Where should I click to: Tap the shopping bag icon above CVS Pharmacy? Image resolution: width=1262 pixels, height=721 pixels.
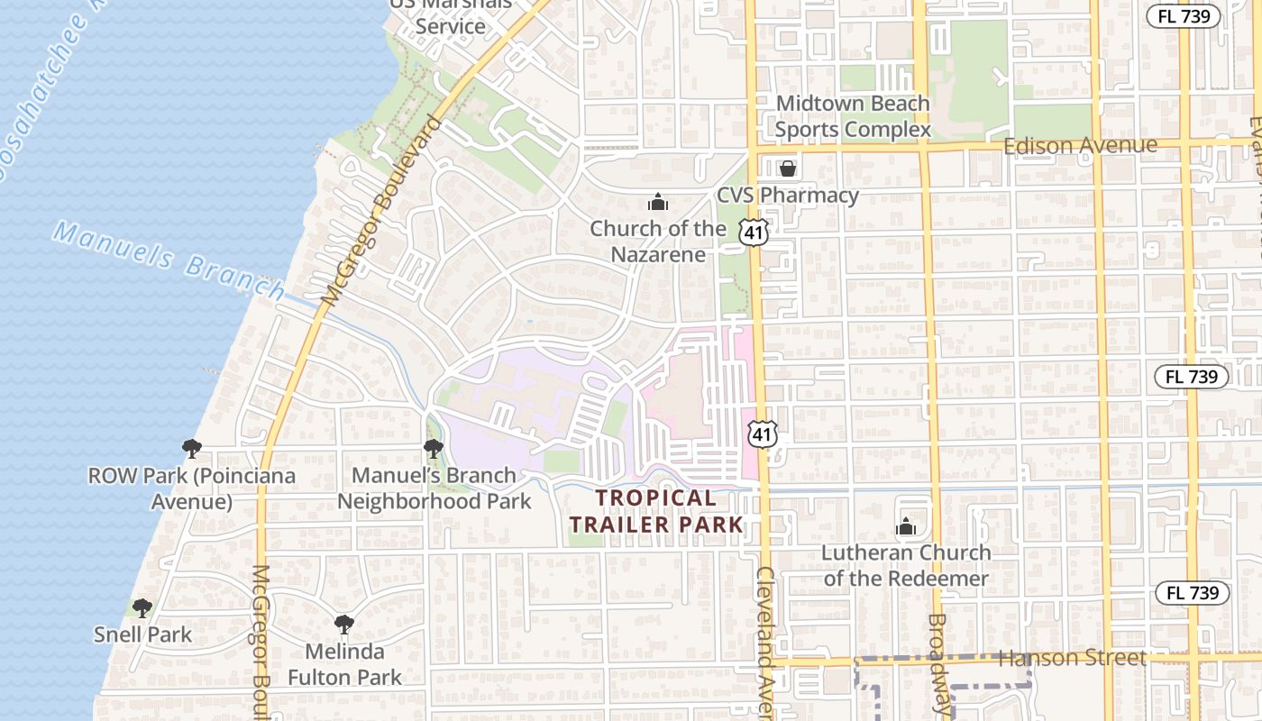pyautogui.click(x=788, y=168)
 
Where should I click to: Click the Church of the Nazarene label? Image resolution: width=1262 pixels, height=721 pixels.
pyautogui.click(x=657, y=242)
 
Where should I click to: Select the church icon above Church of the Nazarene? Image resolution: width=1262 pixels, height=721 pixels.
pyautogui.click(x=658, y=202)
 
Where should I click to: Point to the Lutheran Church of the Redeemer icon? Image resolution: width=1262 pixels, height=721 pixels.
pyautogui.click(x=906, y=526)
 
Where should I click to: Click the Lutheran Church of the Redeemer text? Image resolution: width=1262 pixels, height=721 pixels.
pyautogui.click(x=906, y=565)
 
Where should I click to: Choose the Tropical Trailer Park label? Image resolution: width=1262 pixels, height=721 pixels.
pyautogui.click(x=656, y=511)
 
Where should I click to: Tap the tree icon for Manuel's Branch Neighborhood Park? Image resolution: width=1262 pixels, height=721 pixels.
pyautogui.click(x=434, y=448)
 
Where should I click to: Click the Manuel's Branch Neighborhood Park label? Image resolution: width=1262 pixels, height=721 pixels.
pyautogui.click(x=434, y=488)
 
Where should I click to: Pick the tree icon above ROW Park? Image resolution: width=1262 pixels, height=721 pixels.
pyautogui.click(x=191, y=448)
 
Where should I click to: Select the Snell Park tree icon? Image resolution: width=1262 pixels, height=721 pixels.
pyautogui.click(x=142, y=607)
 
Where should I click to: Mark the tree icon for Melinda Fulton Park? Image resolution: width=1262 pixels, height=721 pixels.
pyautogui.click(x=343, y=624)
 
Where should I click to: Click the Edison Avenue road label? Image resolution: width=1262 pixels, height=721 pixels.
pyautogui.click(x=1080, y=145)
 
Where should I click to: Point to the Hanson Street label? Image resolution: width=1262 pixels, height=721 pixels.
pyautogui.click(x=1072, y=659)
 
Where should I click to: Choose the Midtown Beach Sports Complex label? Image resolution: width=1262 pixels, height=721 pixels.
pyautogui.click(x=853, y=116)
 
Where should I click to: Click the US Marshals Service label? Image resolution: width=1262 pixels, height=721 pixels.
pyautogui.click(x=451, y=16)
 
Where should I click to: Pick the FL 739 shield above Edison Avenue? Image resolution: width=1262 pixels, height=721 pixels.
pyautogui.click(x=1183, y=16)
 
